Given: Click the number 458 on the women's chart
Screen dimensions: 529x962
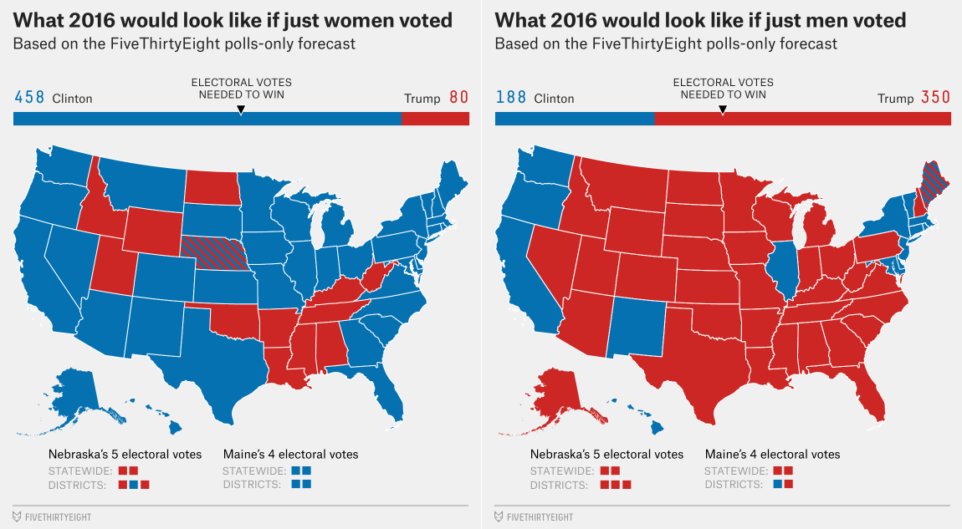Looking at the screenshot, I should pos(29,98).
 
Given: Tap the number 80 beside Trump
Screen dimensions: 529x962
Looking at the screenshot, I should pos(458,98).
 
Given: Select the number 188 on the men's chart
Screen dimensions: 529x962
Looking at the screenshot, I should pos(511,98).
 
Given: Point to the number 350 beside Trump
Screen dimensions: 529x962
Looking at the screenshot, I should pos(935,98).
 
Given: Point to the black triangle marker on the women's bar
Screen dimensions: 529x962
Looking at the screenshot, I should pos(241,109).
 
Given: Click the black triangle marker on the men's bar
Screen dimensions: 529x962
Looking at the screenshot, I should pos(723,109).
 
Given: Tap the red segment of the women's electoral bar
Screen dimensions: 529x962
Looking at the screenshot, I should pos(435,119).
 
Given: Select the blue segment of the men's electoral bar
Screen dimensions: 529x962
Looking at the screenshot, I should pos(574,119).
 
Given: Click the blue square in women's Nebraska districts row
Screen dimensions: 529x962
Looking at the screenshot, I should pos(133,485).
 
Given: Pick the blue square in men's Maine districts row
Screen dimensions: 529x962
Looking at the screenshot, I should pos(778,485).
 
